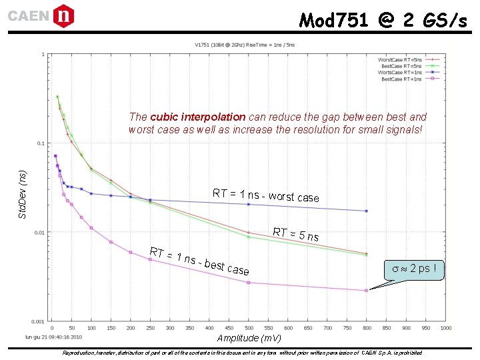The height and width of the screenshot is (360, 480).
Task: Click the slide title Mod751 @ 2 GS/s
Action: [x=383, y=21]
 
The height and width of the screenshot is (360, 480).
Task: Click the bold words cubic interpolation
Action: [x=198, y=117]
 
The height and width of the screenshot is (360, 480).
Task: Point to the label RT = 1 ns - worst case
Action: [x=265, y=195]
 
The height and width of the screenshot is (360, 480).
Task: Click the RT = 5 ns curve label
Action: [x=295, y=235]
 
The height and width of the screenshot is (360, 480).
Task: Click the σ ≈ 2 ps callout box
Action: [x=413, y=269]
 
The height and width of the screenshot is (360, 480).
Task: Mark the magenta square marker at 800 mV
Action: [x=366, y=291]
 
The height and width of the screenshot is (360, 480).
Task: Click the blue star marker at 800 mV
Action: [x=366, y=211]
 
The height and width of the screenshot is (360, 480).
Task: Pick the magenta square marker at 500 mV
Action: [x=248, y=283]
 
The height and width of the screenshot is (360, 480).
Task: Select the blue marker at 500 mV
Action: [x=248, y=204]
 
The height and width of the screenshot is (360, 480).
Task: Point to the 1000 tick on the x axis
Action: [x=445, y=328]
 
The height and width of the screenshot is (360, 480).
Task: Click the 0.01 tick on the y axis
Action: [x=40, y=233]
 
